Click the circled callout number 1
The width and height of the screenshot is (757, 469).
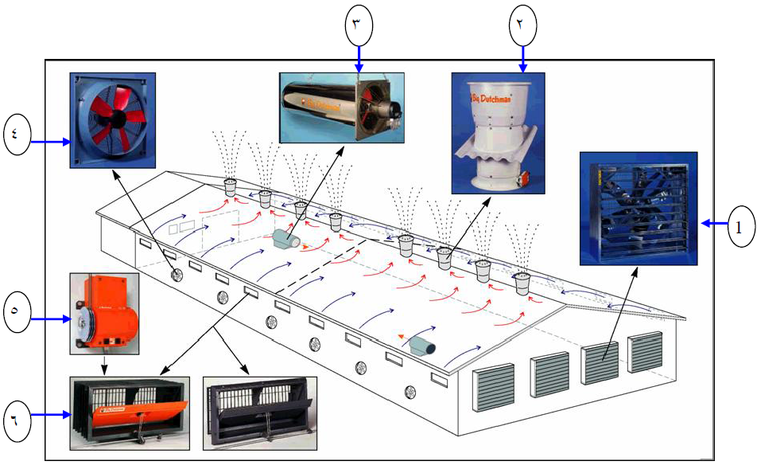pos(739,225)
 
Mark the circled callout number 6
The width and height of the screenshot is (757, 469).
pos(17,414)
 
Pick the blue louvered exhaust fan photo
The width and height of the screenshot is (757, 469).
pos(639,208)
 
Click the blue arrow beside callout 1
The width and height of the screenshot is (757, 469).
pos(712,225)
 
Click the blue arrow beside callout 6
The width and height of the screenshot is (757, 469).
pos(52,414)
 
